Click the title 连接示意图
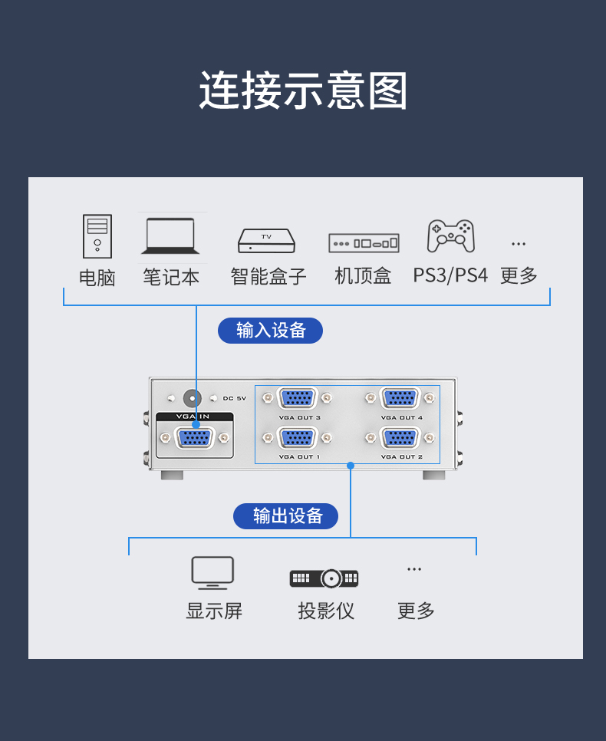click(x=303, y=91)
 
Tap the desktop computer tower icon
click(x=97, y=236)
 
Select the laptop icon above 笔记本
click(x=170, y=236)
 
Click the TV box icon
click(x=266, y=241)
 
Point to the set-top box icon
click(x=364, y=243)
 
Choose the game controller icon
click(x=450, y=236)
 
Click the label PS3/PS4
click(x=450, y=275)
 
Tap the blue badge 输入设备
click(x=270, y=331)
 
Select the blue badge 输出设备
click(x=285, y=516)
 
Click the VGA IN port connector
click(x=195, y=438)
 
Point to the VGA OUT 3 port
click(x=298, y=398)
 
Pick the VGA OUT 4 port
click(x=400, y=398)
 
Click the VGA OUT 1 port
click(x=298, y=438)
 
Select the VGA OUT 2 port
click(x=400, y=438)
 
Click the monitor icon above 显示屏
click(x=212, y=572)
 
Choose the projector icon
click(x=324, y=578)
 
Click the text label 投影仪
click(x=326, y=611)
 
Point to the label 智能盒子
click(x=268, y=276)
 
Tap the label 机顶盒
click(x=363, y=275)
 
